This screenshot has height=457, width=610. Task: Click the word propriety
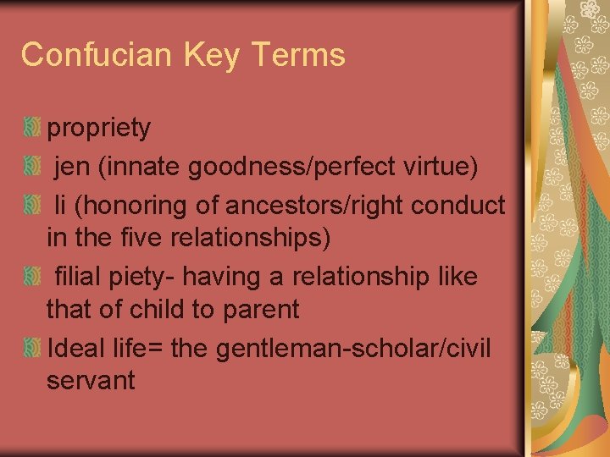pos(99,129)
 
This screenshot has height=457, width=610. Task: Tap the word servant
pos(91,381)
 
